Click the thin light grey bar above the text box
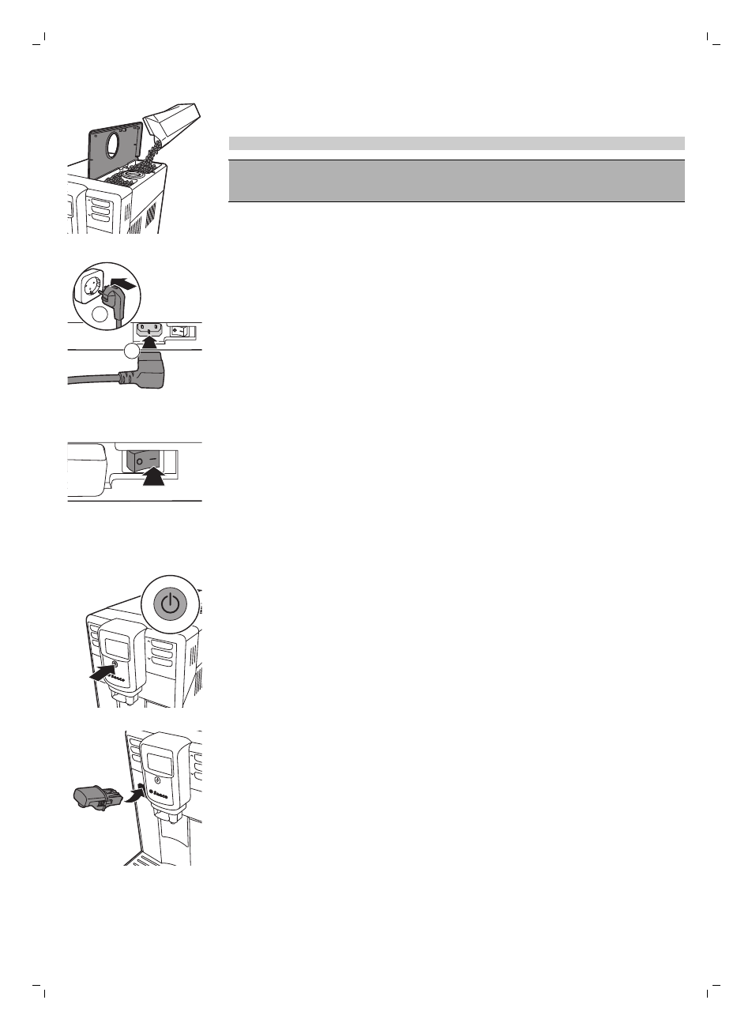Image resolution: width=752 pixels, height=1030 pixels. (456, 143)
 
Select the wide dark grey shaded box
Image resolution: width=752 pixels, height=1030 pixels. (456, 180)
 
